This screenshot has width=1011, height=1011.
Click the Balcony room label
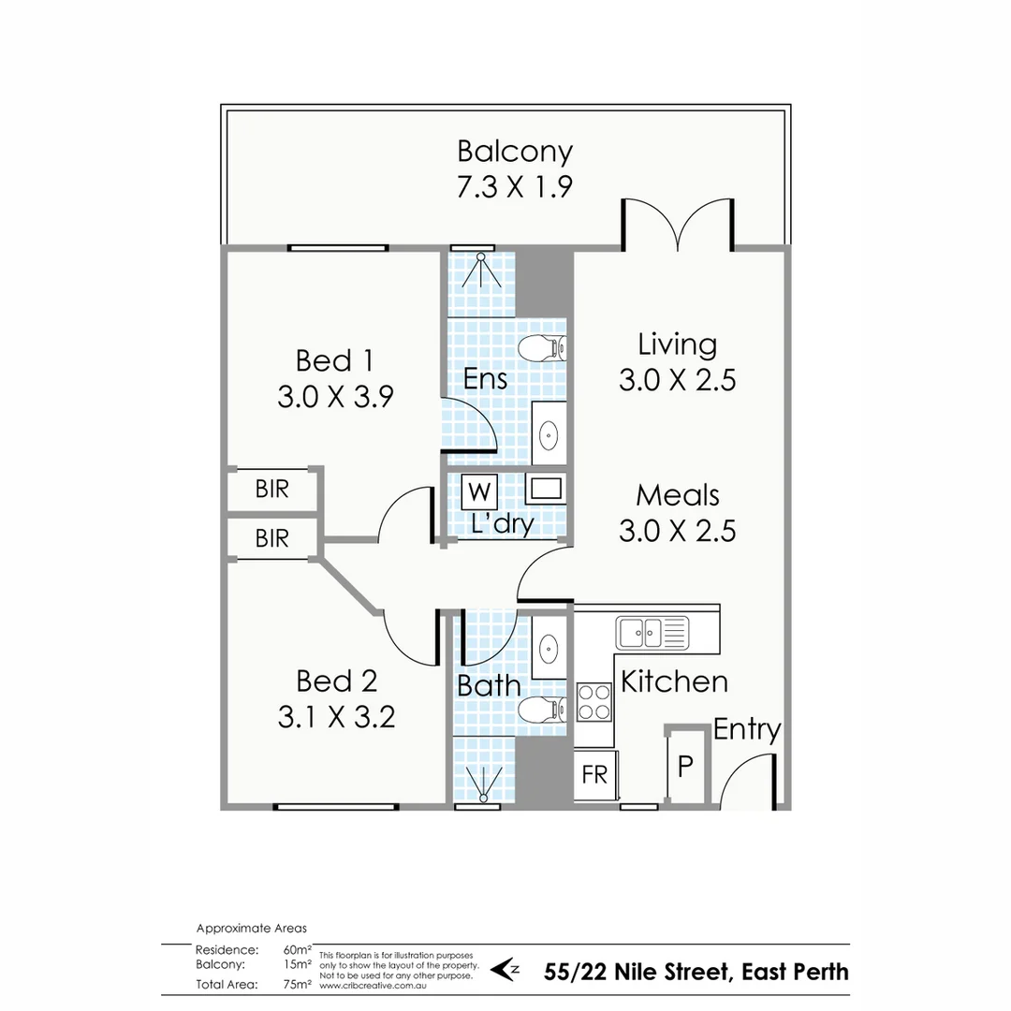pyautogui.click(x=514, y=151)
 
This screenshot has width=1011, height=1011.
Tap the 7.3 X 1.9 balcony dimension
pyautogui.click(x=514, y=187)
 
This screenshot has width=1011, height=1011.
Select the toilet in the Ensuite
pyautogui.click(x=540, y=348)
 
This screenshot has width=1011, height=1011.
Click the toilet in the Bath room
pyautogui.click(x=541, y=710)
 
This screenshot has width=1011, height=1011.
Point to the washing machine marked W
pyautogui.click(x=479, y=491)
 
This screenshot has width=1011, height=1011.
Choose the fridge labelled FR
pyautogui.click(x=594, y=775)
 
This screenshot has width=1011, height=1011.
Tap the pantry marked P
pyautogui.click(x=685, y=767)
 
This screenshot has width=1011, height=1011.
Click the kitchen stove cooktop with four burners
pyautogui.click(x=593, y=702)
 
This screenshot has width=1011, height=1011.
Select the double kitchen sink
pyautogui.click(x=652, y=633)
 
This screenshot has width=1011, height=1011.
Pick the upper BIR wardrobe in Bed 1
pyautogui.click(x=271, y=489)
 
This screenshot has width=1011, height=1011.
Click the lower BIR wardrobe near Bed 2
pyautogui.click(x=271, y=538)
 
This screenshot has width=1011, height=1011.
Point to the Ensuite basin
pyautogui.click(x=549, y=434)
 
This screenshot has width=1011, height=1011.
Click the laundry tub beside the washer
pyautogui.click(x=545, y=488)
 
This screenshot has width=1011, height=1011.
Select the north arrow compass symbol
pyautogui.click(x=505, y=970)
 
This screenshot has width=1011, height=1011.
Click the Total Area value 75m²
pyautogui.click(x=297, y=985)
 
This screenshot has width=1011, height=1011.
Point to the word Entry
pyautogui.click(x=747, y=729)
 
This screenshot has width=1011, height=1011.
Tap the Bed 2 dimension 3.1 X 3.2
pyautogui.click(x=336, y=717)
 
